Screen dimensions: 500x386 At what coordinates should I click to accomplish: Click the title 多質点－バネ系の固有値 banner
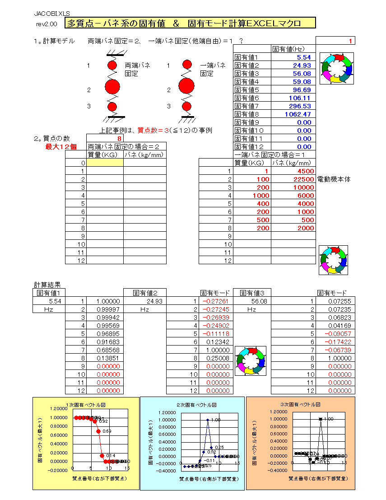coord(190,23)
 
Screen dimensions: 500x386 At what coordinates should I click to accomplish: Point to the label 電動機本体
coord(334,179)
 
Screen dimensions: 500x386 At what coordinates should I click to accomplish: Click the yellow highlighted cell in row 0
coord(105,163)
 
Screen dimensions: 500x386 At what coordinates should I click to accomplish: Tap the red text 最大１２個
coord(61,146)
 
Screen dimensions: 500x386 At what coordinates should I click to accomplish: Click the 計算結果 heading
coord(47,285)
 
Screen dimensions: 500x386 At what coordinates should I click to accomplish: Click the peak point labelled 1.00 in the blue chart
coord(208,420)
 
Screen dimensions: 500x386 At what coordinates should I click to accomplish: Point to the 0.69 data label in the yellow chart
coord(107,431)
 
